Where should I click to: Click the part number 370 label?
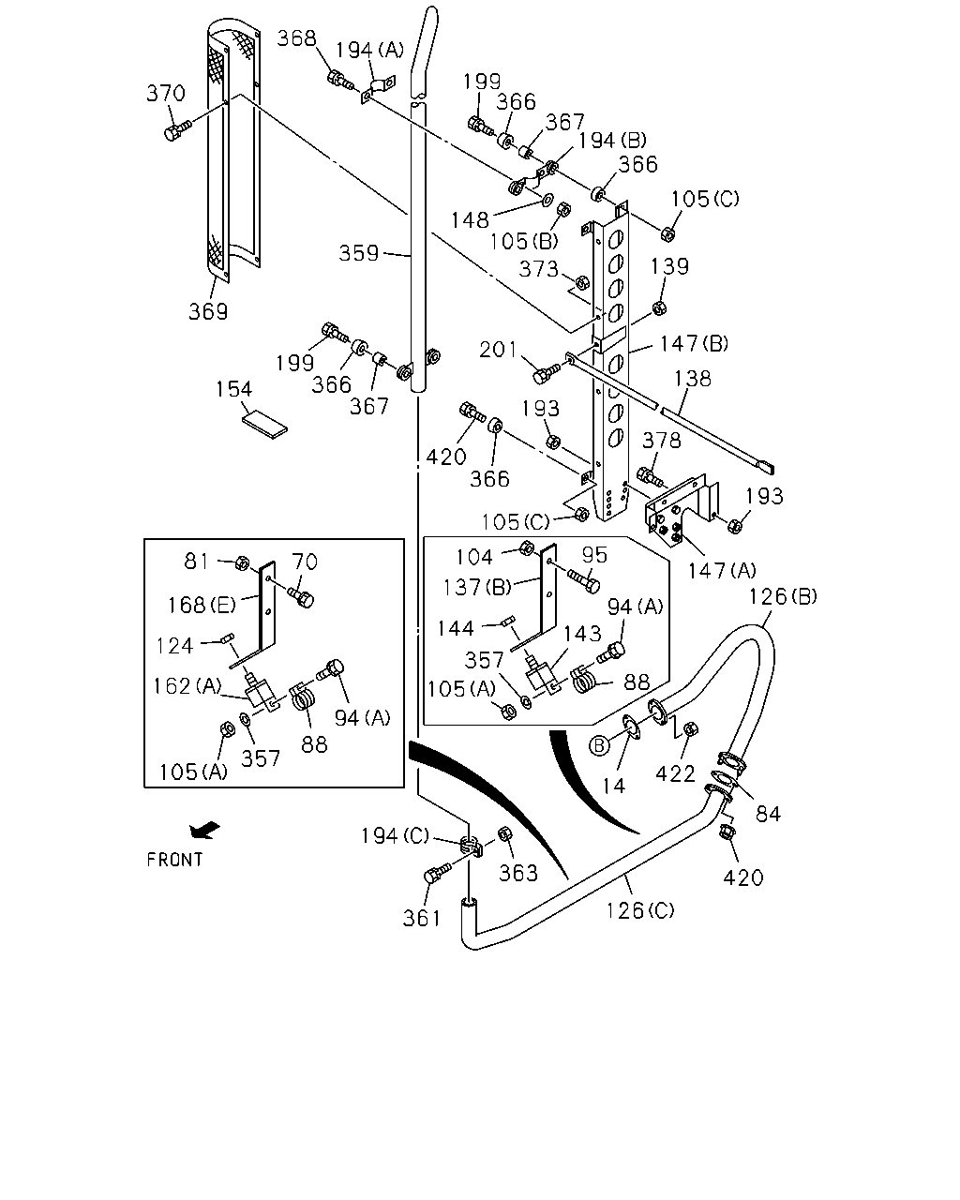click(x=166, y=93)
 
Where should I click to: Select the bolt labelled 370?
click(x=177, y=130)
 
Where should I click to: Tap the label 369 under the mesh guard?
click(x=208, y=311)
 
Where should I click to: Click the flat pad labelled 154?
click(x=265, y=425)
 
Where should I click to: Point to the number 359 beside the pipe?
click(x=359, y=254)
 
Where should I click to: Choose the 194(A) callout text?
click(x=369, y=51)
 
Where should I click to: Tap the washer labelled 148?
click(x=548, y=199)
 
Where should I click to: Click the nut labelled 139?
click(x=659, y=307)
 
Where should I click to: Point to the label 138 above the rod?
click(x=692, y=379)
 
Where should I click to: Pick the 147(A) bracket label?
click(x=723, y=570)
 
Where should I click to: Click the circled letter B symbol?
click(x=598, y=745)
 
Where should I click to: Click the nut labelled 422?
click(x=691, y=728)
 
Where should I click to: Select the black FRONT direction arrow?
click(x=204, y=831)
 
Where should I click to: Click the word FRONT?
click(x=174, y=860)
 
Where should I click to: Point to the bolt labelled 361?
click(x=438, y=873)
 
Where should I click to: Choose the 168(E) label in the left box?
click(x=202, y=605)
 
